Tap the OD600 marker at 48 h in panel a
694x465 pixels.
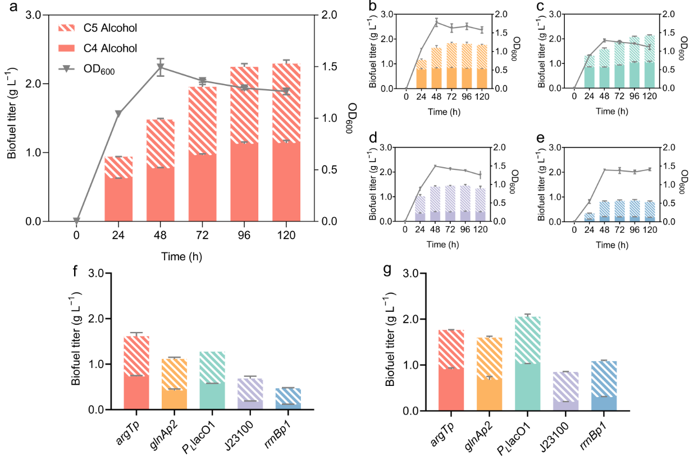tap(161, 67)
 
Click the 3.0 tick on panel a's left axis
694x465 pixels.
tap(34, 15)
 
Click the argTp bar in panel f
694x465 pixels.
tap(137, 373)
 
